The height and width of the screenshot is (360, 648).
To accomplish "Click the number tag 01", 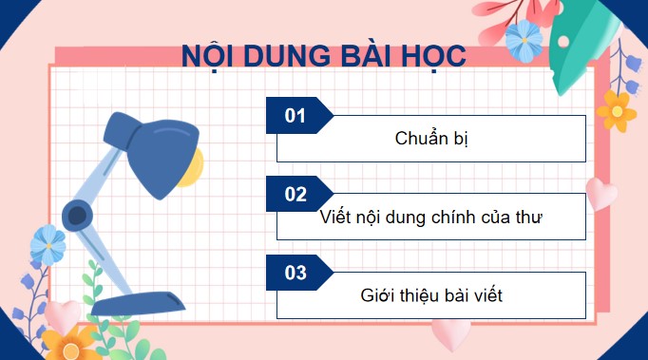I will (x=295, y=116).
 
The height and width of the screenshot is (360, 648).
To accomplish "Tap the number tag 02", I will (x=295, y=195).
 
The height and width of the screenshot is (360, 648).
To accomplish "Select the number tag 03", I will (x=295, y=274).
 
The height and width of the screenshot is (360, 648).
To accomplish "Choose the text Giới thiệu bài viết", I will (x=431, y=295).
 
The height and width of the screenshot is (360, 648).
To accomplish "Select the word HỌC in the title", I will (x=429, y=56).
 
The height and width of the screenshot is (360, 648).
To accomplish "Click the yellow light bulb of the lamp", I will (x=191, y=167).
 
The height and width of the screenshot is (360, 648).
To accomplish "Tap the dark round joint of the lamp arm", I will (x=76, y=215).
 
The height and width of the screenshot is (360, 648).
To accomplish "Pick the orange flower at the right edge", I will (x=617, y=108).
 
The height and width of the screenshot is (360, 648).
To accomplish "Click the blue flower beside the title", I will (x=524, y=41).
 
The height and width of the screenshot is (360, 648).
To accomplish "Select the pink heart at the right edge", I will (x=600, y=193).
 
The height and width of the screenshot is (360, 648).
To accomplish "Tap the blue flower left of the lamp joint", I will (x=48, y=245).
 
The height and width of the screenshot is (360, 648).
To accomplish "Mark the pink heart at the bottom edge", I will (x=449, y=333).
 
